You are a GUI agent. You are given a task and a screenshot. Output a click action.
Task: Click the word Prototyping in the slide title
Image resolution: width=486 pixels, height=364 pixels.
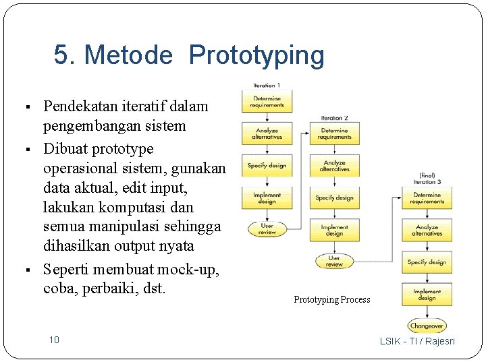256,56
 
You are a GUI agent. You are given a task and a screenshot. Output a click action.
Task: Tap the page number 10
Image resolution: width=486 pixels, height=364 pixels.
53,340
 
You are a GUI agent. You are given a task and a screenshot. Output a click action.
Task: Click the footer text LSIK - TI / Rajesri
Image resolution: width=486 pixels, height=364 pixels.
417,341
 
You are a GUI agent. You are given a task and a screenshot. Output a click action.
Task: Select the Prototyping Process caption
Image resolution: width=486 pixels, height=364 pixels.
331,300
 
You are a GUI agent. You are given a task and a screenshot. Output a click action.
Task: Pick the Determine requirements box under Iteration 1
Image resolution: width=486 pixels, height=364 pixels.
267,102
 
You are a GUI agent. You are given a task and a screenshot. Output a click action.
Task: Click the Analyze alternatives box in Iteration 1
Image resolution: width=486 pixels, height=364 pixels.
267,133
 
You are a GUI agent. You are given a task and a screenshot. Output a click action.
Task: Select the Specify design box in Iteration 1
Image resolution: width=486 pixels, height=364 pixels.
267,165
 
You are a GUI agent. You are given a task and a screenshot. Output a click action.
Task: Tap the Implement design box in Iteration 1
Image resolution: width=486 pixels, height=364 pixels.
267,198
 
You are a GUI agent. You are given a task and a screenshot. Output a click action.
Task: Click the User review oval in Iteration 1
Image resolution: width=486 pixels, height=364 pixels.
267,229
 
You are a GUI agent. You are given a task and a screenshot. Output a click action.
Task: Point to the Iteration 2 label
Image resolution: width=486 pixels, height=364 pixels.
335,118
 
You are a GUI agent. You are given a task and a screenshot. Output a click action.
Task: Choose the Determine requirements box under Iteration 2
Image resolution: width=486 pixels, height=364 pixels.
335,133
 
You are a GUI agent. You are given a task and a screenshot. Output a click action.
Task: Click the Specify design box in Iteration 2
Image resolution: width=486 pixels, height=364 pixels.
335,198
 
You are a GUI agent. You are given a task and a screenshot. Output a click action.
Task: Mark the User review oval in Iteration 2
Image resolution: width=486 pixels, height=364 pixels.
335,261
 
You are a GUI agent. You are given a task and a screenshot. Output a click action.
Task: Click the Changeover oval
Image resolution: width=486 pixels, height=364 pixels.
427,326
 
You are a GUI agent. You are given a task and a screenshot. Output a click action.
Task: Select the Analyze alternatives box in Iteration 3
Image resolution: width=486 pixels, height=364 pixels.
427,231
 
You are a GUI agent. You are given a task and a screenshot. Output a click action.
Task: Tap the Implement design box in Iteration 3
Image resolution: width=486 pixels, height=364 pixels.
427,295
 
